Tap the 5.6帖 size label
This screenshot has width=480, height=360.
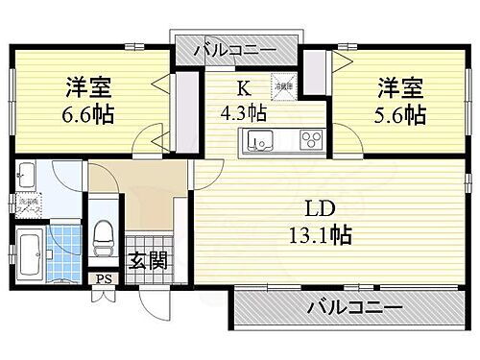401,116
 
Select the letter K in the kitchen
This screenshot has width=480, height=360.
245,87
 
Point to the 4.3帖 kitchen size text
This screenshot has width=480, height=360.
245,110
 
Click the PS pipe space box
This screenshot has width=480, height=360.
101,280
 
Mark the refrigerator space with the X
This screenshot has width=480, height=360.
283,84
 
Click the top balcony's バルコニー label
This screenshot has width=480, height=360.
235,49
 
